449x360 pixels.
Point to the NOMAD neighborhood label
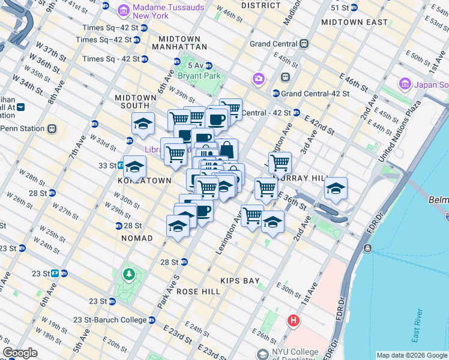coord(137,238)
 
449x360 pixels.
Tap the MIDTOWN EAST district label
coord(354,22)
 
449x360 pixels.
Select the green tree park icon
coord(128,275)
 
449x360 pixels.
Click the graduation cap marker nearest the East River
coord(336,188)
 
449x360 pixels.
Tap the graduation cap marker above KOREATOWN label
coord(135,166)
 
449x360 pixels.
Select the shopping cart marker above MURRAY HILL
coord(279,162)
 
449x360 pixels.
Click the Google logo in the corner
coord(20,353)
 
